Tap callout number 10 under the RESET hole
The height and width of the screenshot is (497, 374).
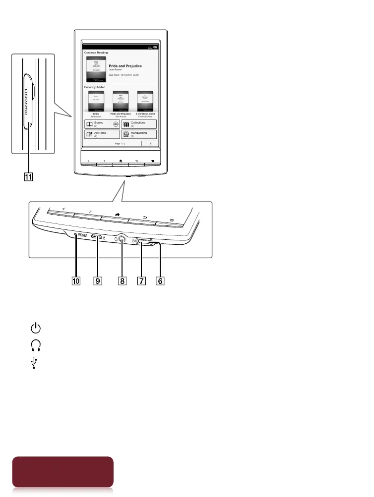click(x=75, y=281)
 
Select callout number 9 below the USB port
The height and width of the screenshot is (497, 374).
click(x=98, y=281)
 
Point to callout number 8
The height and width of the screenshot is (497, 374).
click(x=121, y=281)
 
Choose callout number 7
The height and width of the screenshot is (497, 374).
click(x=142, y=281)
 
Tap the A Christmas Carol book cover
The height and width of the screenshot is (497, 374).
click(x=145, y=101)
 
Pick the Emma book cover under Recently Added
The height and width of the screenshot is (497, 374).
click(x=96, y=101)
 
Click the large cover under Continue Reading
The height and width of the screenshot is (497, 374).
click(x=96, y=69)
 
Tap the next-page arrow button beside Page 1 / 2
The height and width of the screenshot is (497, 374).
click(x=149, y=144)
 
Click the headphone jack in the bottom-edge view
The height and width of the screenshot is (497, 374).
click(x=121, y=239)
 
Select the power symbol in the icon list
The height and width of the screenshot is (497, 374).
click(x=35, y=329)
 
